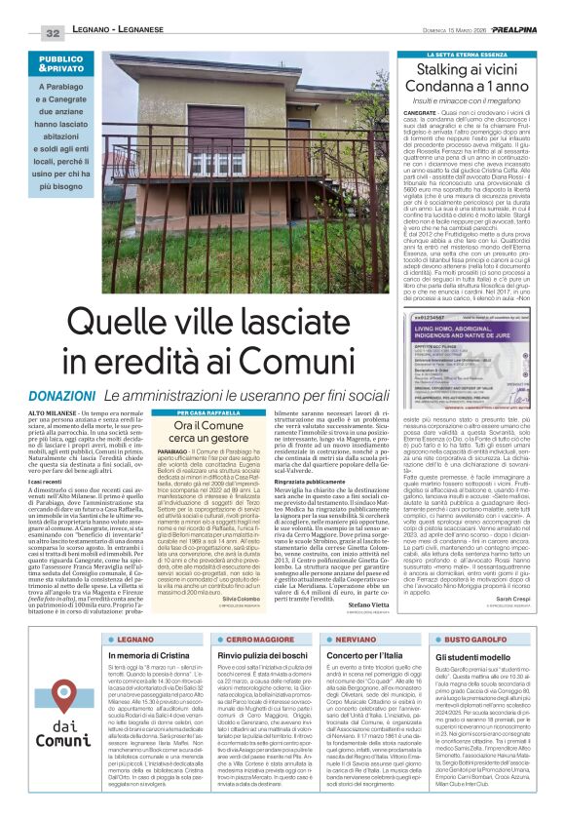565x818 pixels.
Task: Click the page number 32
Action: click(52, 32)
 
